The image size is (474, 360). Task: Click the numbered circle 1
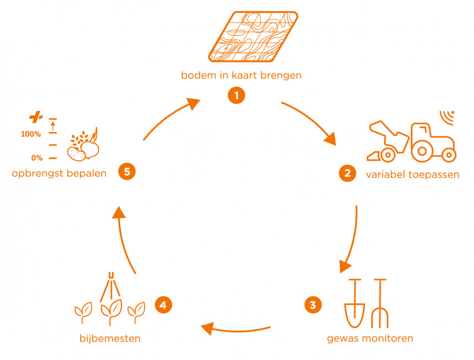click(x=236, y=96)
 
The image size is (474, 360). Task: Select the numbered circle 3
click(x=312, y=304)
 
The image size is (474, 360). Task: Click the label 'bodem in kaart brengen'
click(x=241, y=76)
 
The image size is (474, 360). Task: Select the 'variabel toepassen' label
click(x=412, y=175)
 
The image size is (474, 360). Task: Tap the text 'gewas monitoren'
click(x=370, y=338)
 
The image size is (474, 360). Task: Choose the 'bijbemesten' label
click(x=109, y=338)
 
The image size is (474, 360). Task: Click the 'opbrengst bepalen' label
click(x=59, y=174)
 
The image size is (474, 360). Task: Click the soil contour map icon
click(x=254, y=37)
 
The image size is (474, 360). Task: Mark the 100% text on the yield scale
click(x=31, y=134)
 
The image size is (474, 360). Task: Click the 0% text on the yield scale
click(x=37, y=158)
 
